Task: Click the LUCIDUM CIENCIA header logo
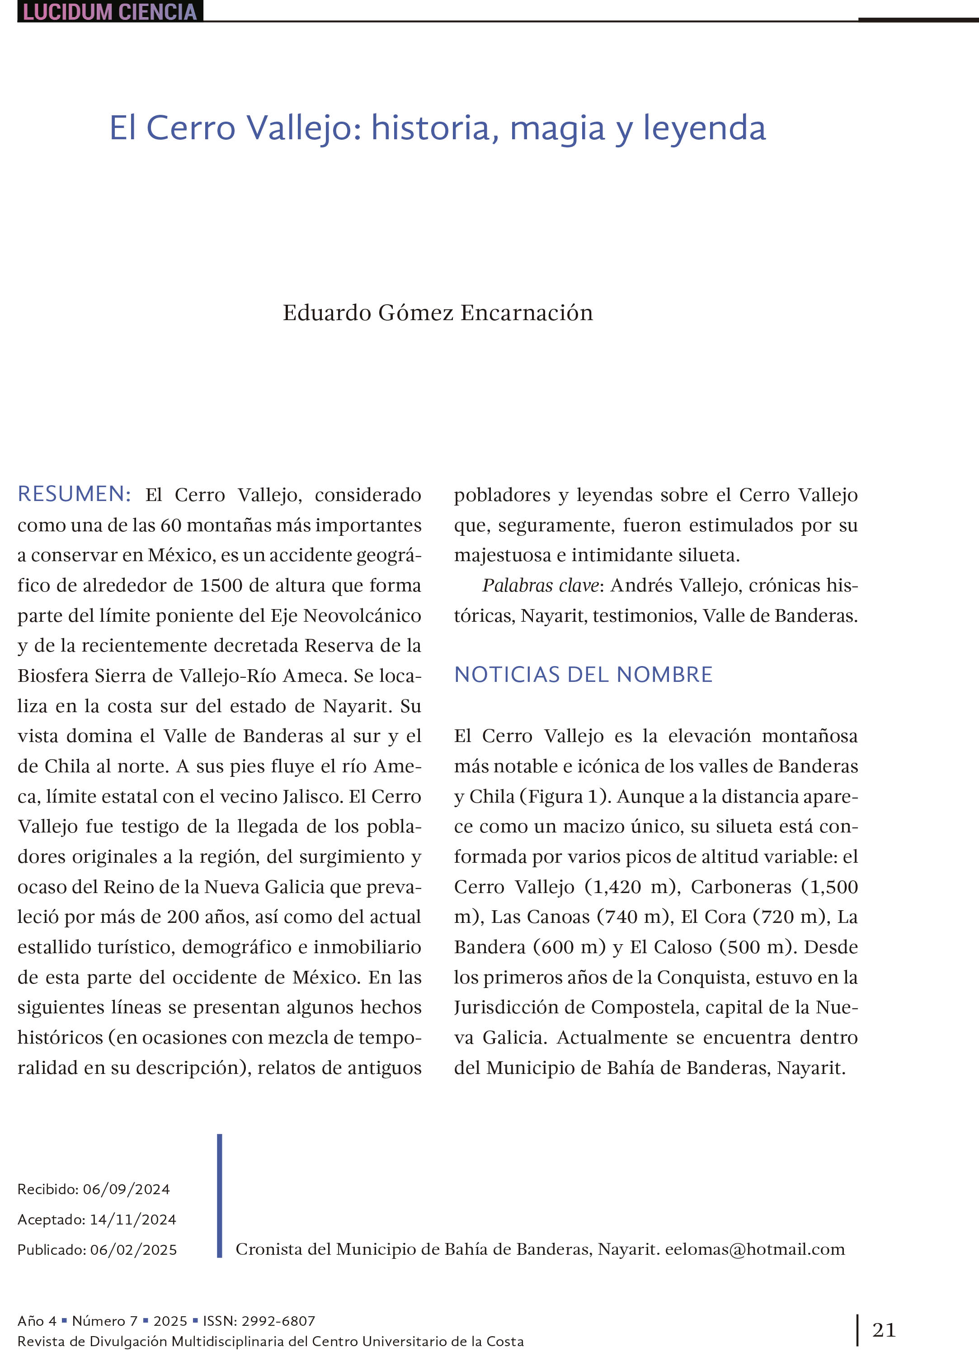click(110, 11)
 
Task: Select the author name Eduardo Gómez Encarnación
click(438, 313)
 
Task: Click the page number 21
click(884, 1330)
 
